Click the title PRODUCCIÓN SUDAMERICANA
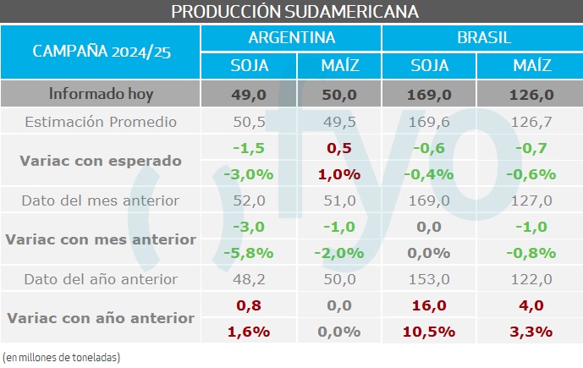(291, 11)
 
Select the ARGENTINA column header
(291, 38)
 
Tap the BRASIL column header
(481, 38)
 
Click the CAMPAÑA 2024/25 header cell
(102, 51)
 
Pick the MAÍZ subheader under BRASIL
(532, 66)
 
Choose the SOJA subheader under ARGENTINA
(249, 66)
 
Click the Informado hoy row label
(101, 94)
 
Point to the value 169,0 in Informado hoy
(430, 95)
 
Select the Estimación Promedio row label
(101, 122)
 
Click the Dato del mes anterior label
(101, 200)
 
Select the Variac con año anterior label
(101, 318)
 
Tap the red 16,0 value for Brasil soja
(430, 305)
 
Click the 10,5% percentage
(430, 332)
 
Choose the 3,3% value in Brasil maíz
(532, 332)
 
